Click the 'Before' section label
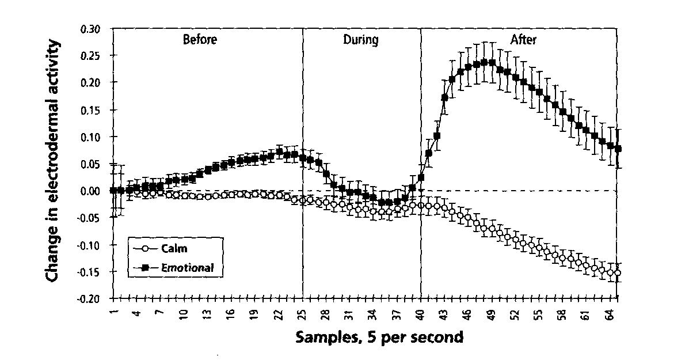pyautogui.click(x=199, y=40)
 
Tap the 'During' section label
pyautogui.click(x=360, y=40)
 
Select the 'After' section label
pyautogui.click(x=523, y=40)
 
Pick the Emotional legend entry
pyautogui.click(x=184, y=267)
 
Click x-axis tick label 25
pyautogui.click(x=303, y=314)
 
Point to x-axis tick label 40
pyautogui.click(x=421, y=314)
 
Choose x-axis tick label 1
pyautogui.click(x=113, y=313)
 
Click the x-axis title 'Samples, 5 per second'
pyautogui.click(x=379, y=337)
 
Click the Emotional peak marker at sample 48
pyautogui.click(x=484, y=62)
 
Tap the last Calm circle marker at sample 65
pyautogui.click(x=618, y=273)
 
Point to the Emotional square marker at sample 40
pyautogui.click(x=421, y=177)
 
